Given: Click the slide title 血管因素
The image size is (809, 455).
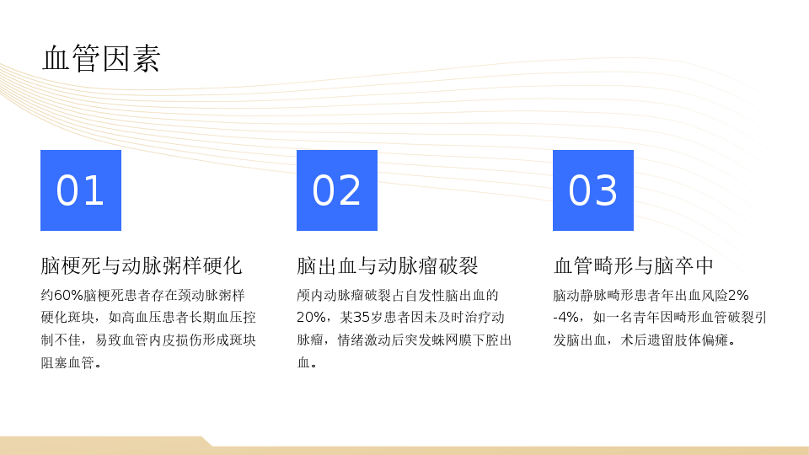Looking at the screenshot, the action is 101,58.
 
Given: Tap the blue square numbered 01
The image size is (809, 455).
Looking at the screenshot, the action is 81,190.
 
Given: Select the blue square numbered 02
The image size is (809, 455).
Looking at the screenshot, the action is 337,190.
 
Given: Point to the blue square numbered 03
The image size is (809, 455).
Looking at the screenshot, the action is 592,190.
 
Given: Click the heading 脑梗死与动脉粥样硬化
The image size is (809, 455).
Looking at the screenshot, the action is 142,265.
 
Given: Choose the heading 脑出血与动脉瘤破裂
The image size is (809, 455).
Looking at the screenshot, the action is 388,265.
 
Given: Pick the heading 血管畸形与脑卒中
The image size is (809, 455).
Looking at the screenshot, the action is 634,265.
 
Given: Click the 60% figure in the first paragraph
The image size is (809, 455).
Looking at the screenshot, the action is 68,295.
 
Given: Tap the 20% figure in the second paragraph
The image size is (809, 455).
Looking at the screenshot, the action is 311,318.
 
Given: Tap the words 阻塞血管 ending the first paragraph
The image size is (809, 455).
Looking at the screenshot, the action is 67,362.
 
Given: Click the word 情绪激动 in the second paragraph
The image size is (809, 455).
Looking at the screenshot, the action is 364,340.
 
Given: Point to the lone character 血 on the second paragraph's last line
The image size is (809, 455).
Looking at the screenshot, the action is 303,362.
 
